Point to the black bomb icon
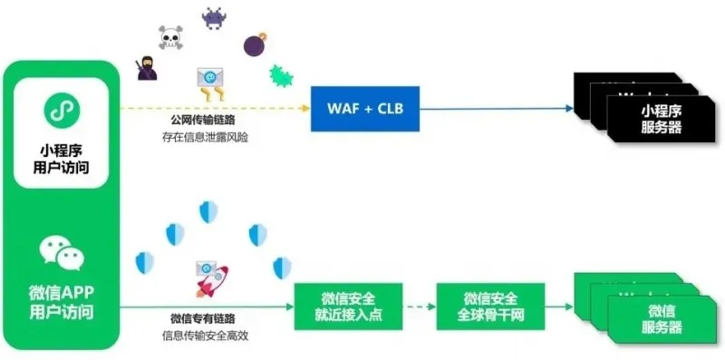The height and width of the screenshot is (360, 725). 254,43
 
